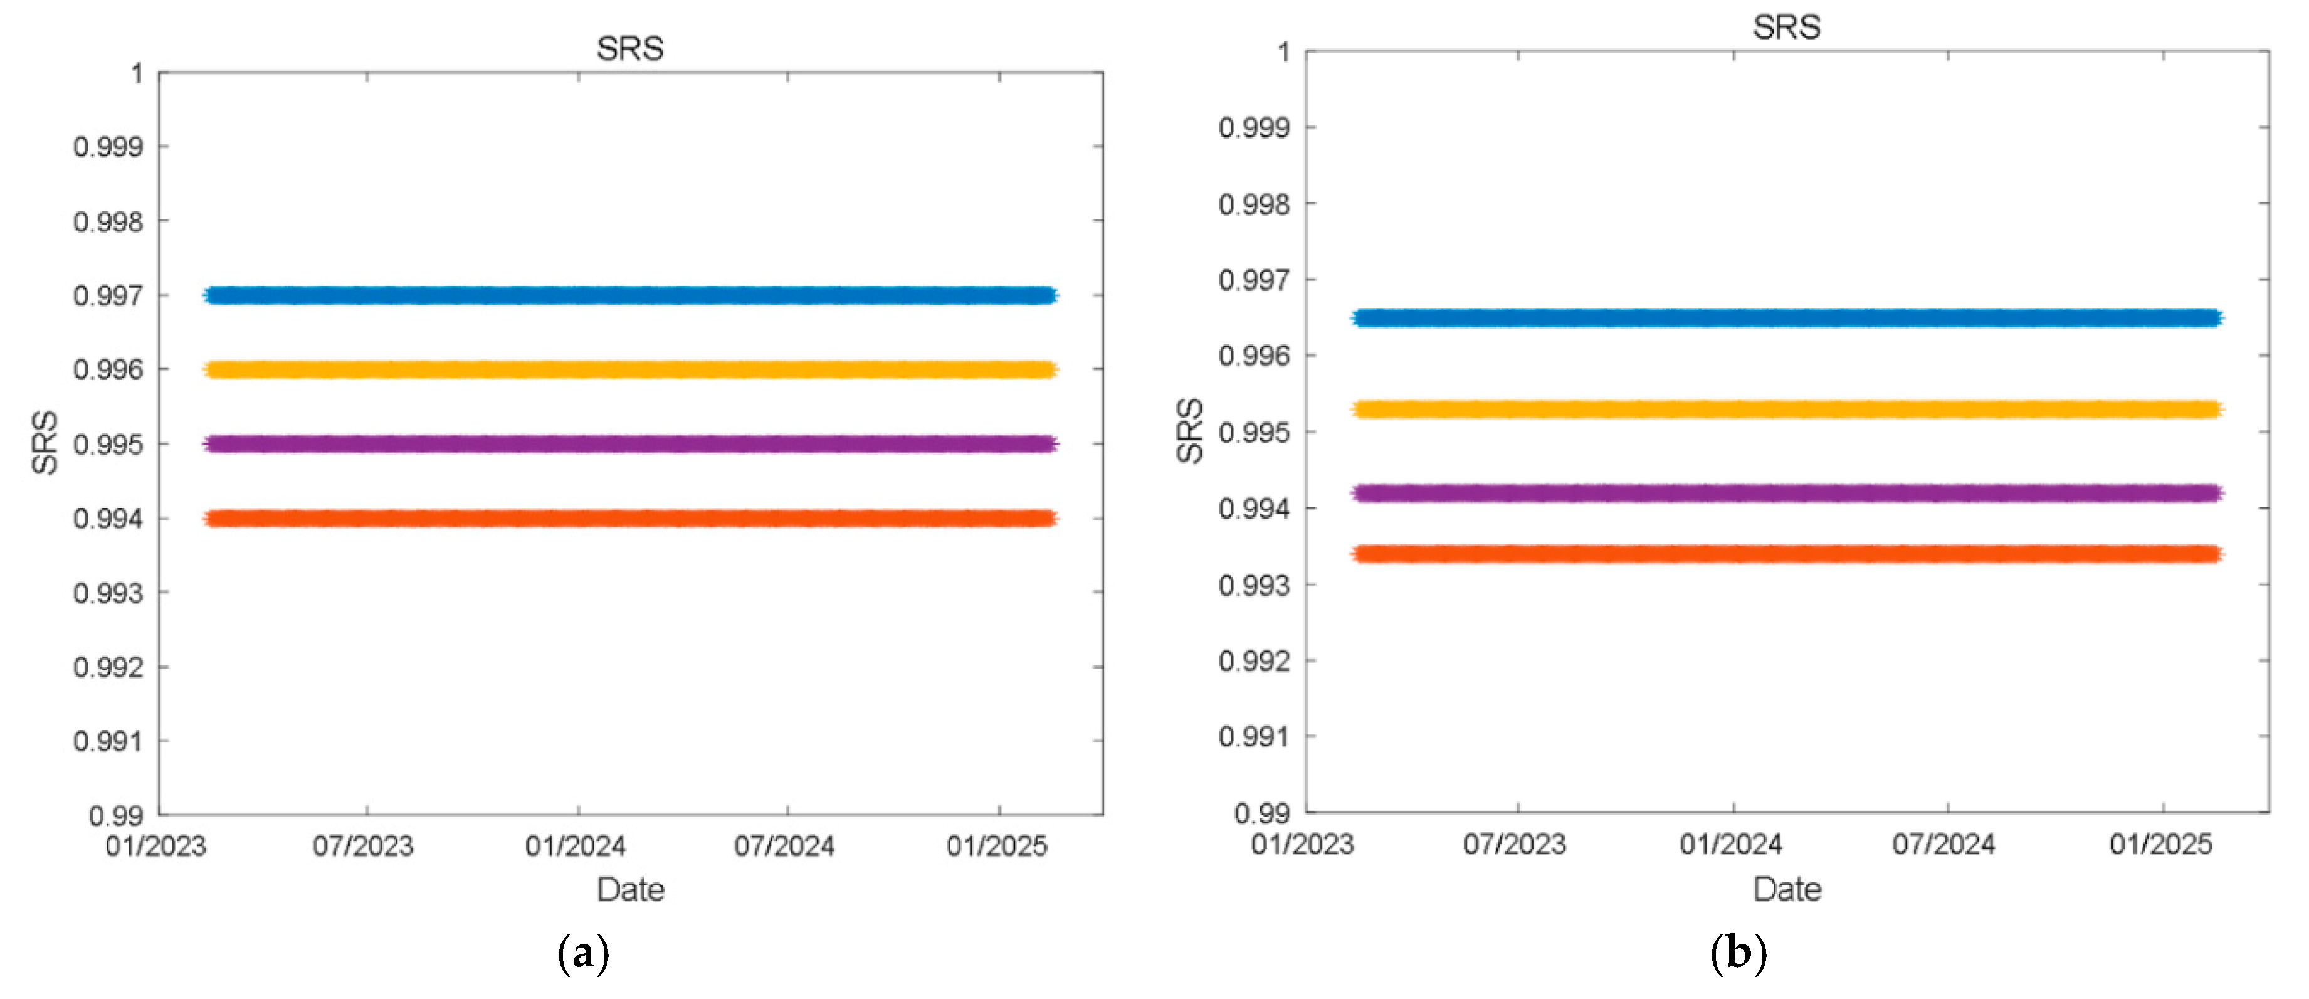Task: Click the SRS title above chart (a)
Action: click(x=630, y=48)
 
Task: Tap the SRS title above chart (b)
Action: click(x=1786, y=27)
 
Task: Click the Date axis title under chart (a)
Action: click(x=630, y=890)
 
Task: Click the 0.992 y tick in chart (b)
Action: click(x=1254, y=661)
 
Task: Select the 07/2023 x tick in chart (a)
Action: click(x=363, y=845)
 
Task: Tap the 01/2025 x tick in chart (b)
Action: click(x=2160, y=844)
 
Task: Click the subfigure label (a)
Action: click(x=584, y=953)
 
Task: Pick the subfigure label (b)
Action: click(x=1738, y=953)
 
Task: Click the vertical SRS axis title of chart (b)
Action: click(x=1189, y=431)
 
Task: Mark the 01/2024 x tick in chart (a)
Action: click(x=576, y=845)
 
